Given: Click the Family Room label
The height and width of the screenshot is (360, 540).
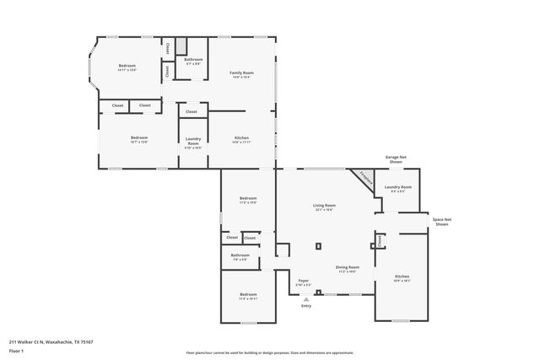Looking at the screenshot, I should (242, 73).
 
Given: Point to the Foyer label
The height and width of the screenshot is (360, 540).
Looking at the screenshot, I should (303, 280).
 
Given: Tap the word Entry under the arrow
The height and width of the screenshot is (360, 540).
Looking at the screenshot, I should (305, 305).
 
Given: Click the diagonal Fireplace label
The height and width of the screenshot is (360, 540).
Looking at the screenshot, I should (364, 178).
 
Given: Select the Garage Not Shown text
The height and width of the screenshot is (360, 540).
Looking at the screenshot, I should (397, 159).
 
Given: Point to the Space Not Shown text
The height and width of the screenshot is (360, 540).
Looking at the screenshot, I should (440, 221).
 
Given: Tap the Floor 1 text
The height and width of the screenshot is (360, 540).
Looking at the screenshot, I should (16, 350).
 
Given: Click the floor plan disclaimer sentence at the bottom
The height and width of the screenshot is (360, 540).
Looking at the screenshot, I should (270, 353).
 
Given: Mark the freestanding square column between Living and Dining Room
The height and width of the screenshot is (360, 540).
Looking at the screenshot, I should (318, 246).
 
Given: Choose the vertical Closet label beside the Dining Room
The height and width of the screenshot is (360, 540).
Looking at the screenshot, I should (380, 241).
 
